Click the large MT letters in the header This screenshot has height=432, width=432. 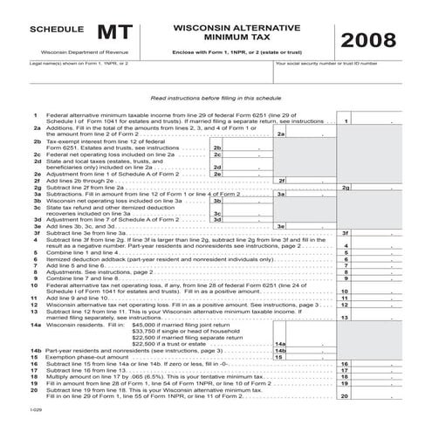point(115,33)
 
